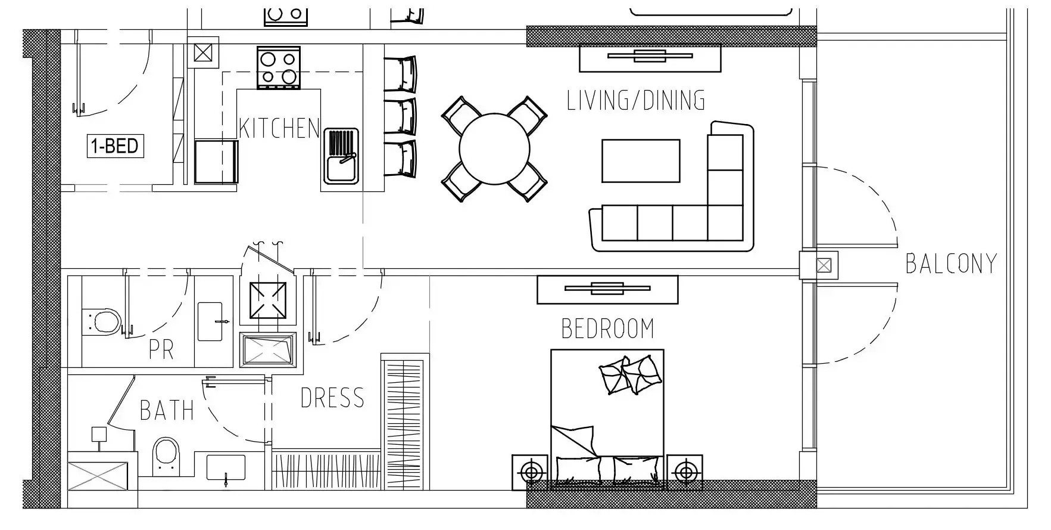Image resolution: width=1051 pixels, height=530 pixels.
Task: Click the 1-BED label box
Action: [x=116, y=145]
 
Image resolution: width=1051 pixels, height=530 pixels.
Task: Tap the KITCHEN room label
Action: [x=279, y=128]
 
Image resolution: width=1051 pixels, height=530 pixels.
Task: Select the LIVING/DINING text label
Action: [x=636, y=100]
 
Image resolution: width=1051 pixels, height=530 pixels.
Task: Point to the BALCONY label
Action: [x=951, y=264]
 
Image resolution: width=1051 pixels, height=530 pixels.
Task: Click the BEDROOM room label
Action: [x=607, y=328]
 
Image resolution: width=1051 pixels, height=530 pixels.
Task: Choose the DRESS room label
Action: [x=332, y=398]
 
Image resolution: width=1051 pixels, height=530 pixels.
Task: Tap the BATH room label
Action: [x=167, y=410]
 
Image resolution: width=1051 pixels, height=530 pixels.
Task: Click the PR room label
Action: [x=161, y=350]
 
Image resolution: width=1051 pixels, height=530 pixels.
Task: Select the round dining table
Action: [x=494, y=148]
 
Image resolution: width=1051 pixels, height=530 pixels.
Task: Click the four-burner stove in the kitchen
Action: [x=279, y=68]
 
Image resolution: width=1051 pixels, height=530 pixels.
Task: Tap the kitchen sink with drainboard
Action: [x=341, y=156]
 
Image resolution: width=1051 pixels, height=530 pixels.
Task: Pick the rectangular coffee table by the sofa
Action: [x=641, y=160]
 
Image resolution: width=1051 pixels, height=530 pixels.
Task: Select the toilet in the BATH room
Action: [x=165, y=456]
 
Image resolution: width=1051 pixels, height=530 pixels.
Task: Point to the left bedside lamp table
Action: [x=530, y=472]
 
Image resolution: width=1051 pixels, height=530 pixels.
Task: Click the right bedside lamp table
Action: [x=685, y=472]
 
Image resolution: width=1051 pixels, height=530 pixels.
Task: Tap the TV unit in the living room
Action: [x=650, y=58]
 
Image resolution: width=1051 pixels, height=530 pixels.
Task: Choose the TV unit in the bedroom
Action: [x=607, y=289]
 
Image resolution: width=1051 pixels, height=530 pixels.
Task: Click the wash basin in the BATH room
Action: [x=226, y=467]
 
